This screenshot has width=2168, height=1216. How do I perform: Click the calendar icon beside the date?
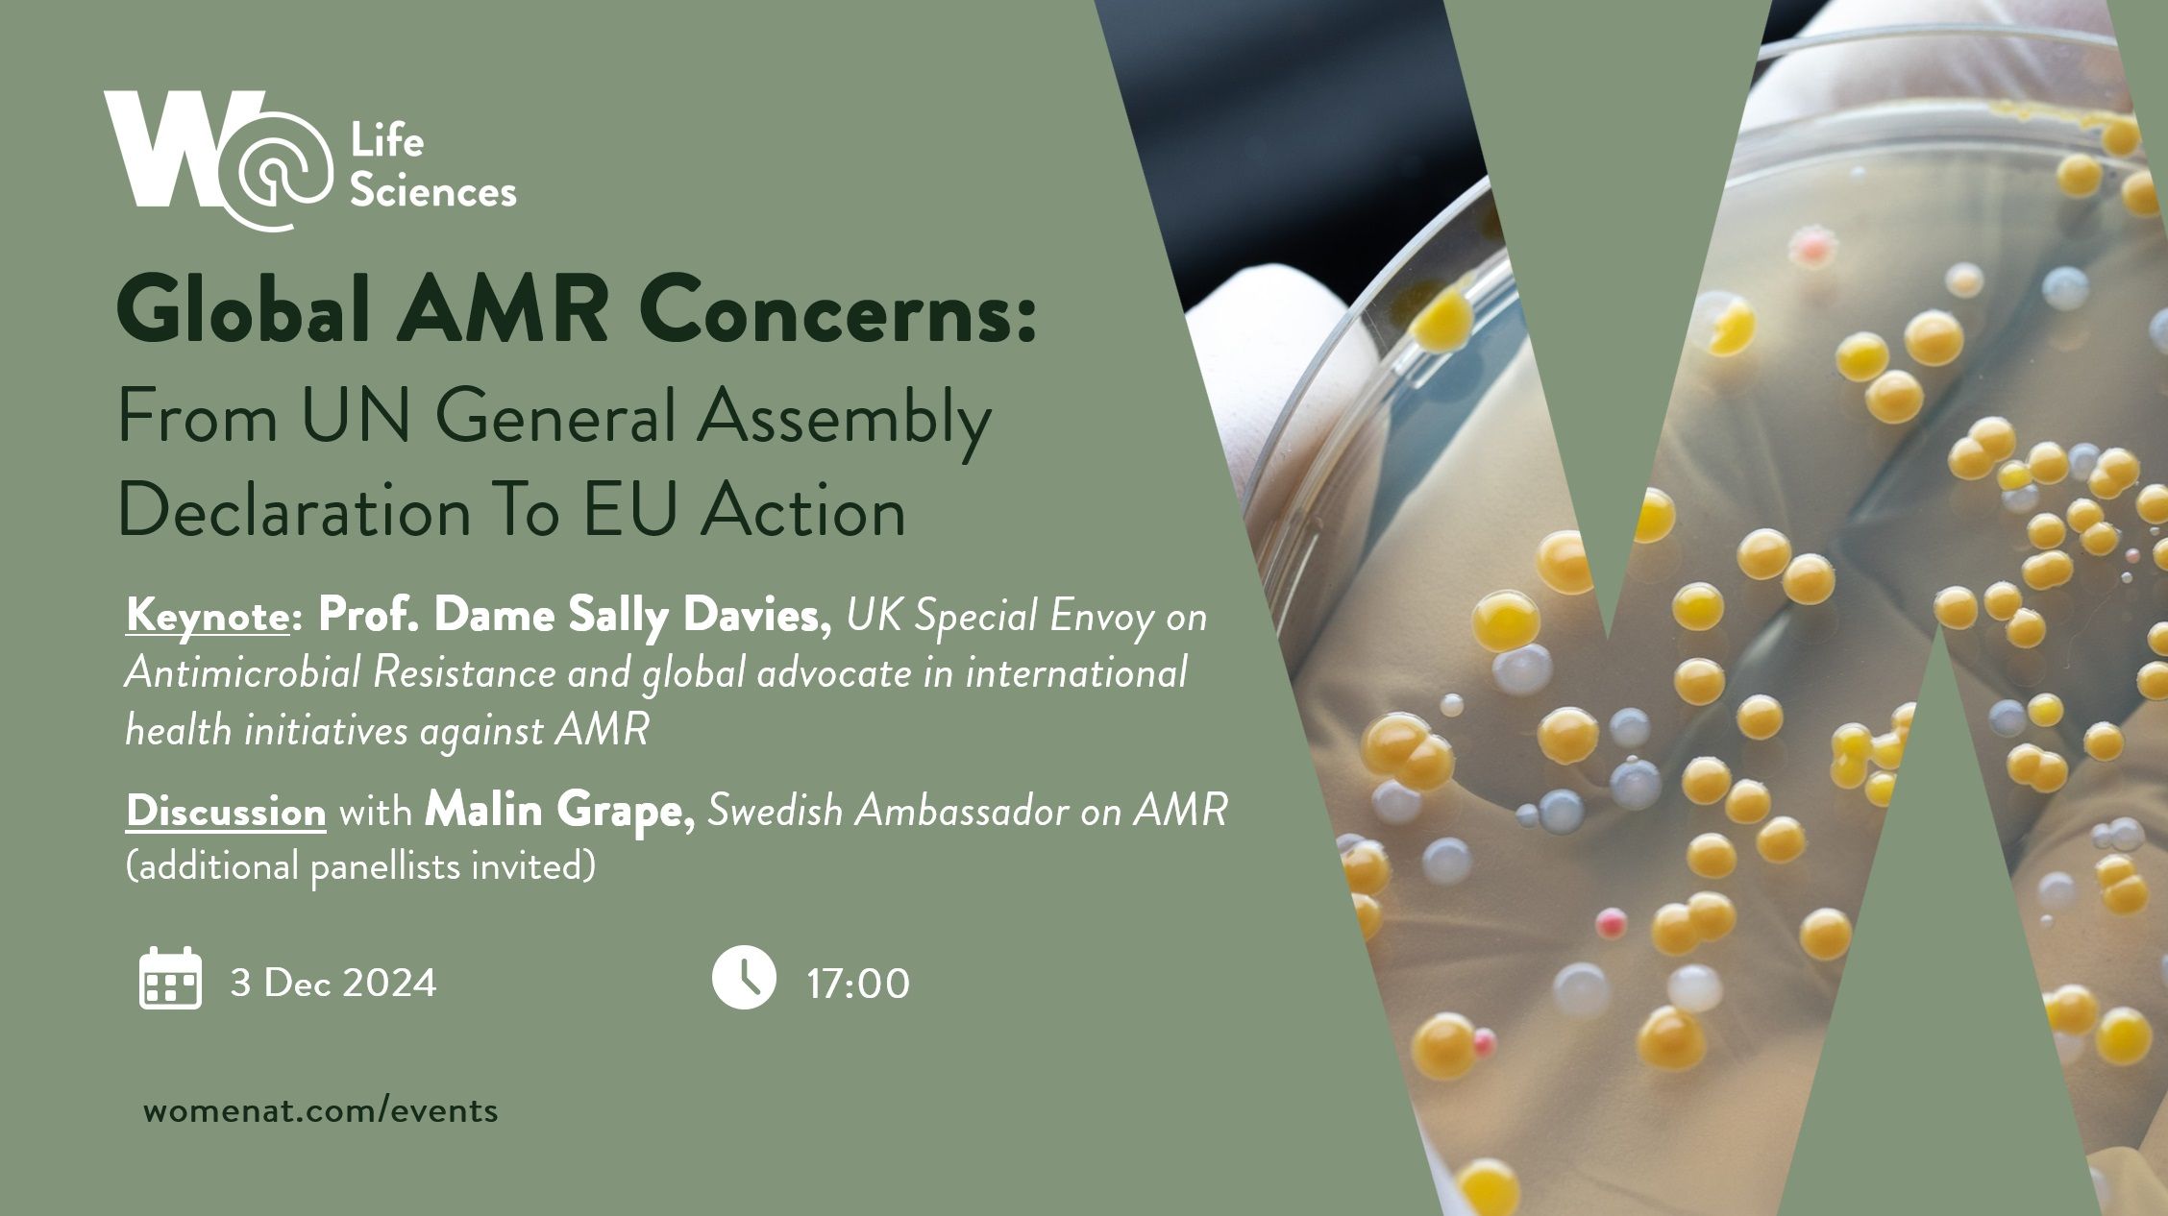pyautogui.click(x=170, y=979)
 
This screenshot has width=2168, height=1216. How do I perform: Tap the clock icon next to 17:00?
pyautogui.click(x=743, y=978)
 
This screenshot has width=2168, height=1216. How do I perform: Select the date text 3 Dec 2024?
pyautogui.click(x=333, y=983)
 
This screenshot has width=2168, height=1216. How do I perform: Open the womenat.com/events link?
pyautogui.click(x=321, y=1111)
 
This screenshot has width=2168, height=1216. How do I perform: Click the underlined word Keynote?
pyautogui.click(x=207, y=616)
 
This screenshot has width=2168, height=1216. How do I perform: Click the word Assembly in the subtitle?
pyautogui.click(x=843, y=419)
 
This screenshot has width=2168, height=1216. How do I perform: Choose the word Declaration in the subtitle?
pyautogui.click(x=294, y=511)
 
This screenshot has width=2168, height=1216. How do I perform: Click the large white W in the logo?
pyautogui.click(x=168, y=149)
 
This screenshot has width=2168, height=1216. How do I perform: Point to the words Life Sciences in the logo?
pyautogui.click(x=432, y=168)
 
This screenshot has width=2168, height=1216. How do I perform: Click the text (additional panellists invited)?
pyautogui.click(x=360, y=866)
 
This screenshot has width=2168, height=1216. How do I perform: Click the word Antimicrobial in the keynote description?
pyautogui.click(x=243, y=673)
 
